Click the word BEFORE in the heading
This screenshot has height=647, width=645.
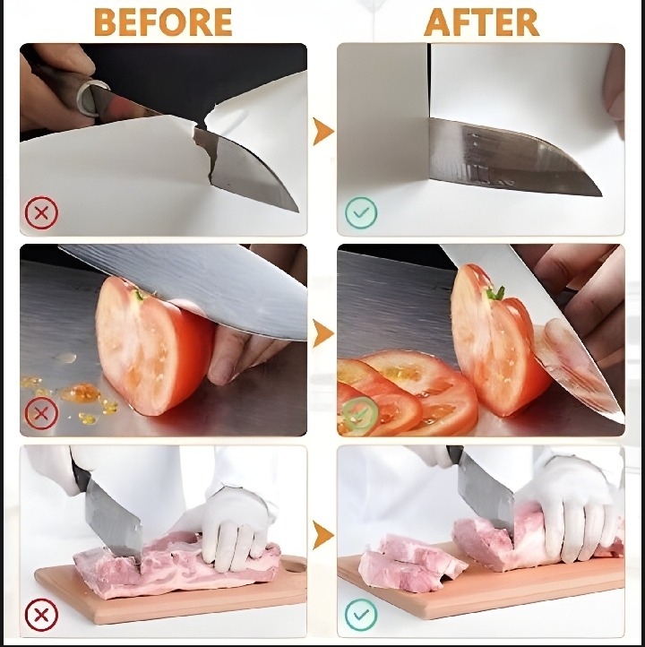[x=163, y=22]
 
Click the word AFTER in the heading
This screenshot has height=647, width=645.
[x=481, y=22]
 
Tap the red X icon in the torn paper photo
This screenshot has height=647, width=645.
[x=41, y=213]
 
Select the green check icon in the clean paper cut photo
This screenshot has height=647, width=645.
[x=361, y=213]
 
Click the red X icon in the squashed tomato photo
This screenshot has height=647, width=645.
[x=41, y=413]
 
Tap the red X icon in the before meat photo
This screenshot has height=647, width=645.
[x=41, y=615]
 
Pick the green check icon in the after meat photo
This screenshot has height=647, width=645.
[x=361, y=615]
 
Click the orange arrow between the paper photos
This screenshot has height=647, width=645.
[x=322, y=132]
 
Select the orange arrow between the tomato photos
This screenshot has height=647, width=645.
[x=322, y=333]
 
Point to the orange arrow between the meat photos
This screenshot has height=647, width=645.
[x=322, y=535]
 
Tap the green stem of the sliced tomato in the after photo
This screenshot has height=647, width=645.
[x=496, y=293]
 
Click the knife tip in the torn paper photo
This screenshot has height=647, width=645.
[x=297, y=211]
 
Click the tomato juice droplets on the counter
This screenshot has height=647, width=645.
[x=70, y=393]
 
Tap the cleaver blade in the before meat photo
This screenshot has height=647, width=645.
[x=113, y=517]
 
